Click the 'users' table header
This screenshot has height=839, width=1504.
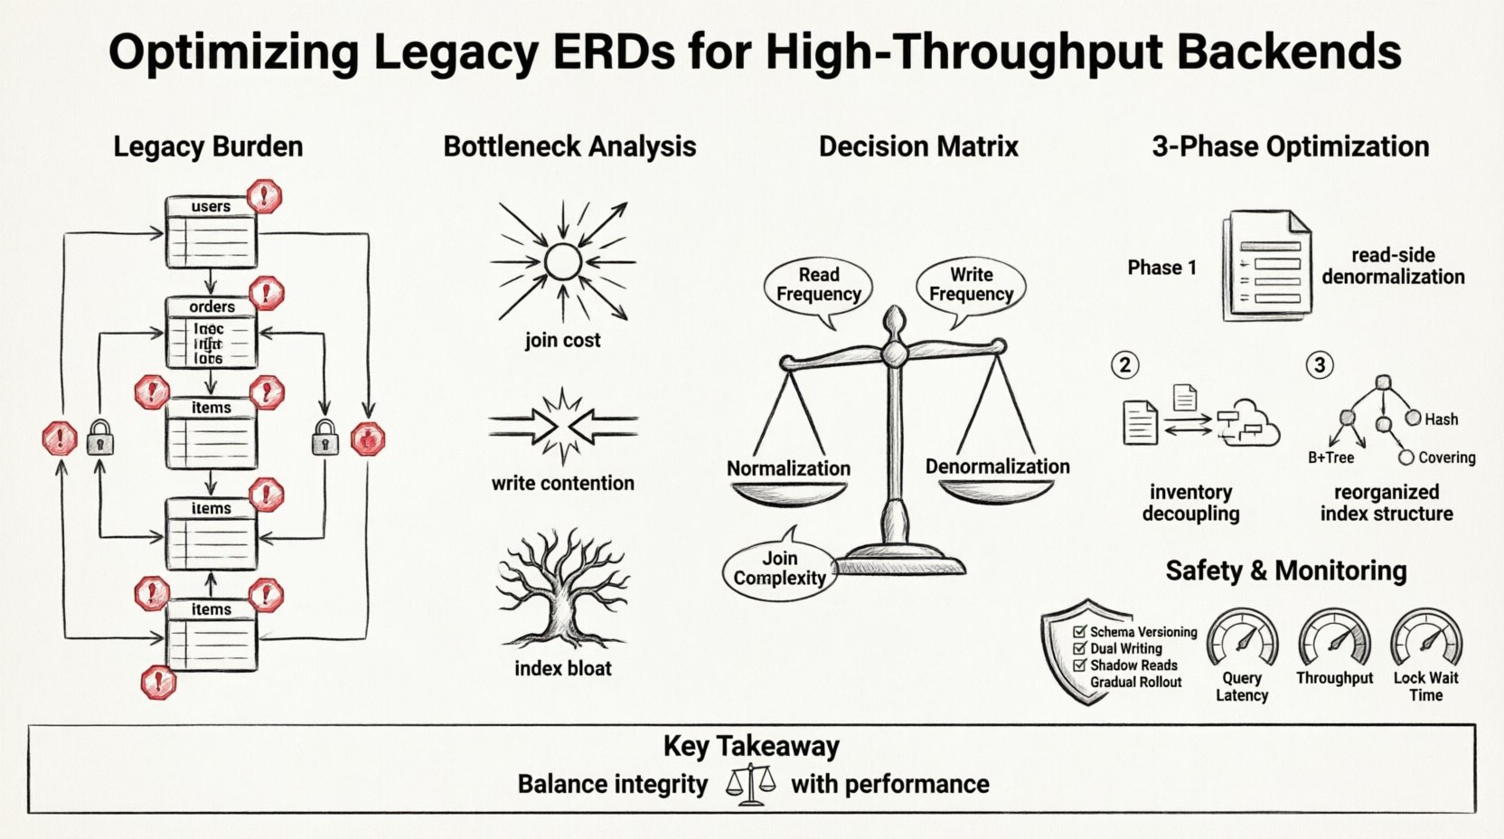[x=211, y=206]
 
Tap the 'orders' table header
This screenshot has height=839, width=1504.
[x=211, y=306]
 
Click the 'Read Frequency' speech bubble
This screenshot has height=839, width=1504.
[x=818, y=285]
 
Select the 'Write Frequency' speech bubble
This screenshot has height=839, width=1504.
[x=971, y=285]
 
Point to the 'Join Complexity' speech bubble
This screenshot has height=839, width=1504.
[x=779, y=569]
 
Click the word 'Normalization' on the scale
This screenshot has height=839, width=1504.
[x=788, y=468]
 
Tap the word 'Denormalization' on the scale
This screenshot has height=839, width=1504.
[x=997, y=467]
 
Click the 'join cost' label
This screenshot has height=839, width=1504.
[x=562, y=341]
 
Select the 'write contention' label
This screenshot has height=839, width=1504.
[x=562, y=484]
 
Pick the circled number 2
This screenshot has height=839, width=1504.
[x=1124, y=365]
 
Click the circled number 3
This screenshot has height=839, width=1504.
[x=1320, y=365]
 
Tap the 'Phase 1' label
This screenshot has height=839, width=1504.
[x=1161, y=268]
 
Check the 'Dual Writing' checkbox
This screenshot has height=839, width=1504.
[x=1079, y=648]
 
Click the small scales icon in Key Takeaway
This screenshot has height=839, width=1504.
[x=750, y=784]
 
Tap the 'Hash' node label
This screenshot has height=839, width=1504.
[x=1441, y=419]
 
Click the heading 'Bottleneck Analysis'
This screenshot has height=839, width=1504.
[x=569, y=146]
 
